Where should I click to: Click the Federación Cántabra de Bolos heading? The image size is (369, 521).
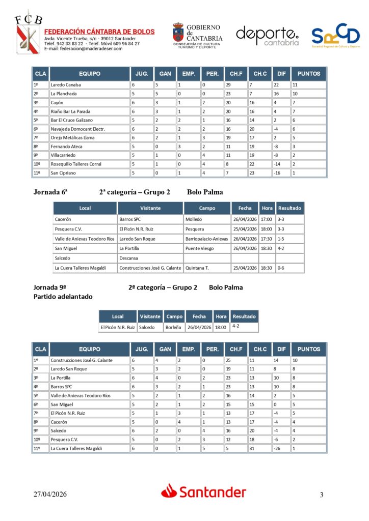point(99,32)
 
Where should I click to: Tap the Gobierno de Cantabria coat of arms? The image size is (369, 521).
point(178,34)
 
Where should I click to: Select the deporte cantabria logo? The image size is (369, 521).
point(267,36)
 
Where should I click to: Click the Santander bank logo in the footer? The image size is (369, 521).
point(204,491)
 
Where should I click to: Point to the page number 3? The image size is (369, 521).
point(322,495)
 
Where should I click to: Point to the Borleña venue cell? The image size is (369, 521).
point(173,328)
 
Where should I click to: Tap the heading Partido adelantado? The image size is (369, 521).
point(63,297)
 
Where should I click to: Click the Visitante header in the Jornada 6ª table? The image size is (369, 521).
point(150,208)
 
